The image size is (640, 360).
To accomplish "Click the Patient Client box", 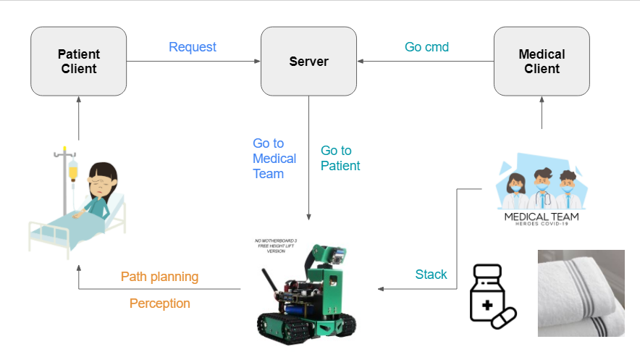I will tap(77, 62).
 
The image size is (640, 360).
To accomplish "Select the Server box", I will tap(308, 62).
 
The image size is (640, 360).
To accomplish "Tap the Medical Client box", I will tap(542, 62).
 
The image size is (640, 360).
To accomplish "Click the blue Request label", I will tap(193, 47).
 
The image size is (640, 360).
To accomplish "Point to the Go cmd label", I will tap(426, 47).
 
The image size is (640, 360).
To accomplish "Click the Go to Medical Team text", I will tap(274, 159).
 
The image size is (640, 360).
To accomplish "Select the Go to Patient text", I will tap(340, 158).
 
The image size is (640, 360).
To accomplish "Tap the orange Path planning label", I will tap(159, 277).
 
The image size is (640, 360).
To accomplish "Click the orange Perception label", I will tap(159, 304).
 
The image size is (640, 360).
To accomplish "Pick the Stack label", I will tap(431, 275).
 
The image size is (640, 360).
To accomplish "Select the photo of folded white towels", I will tap(581, 293).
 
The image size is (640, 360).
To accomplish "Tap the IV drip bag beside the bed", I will tap(72, 172).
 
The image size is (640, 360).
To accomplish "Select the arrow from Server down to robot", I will tap(309, 159).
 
